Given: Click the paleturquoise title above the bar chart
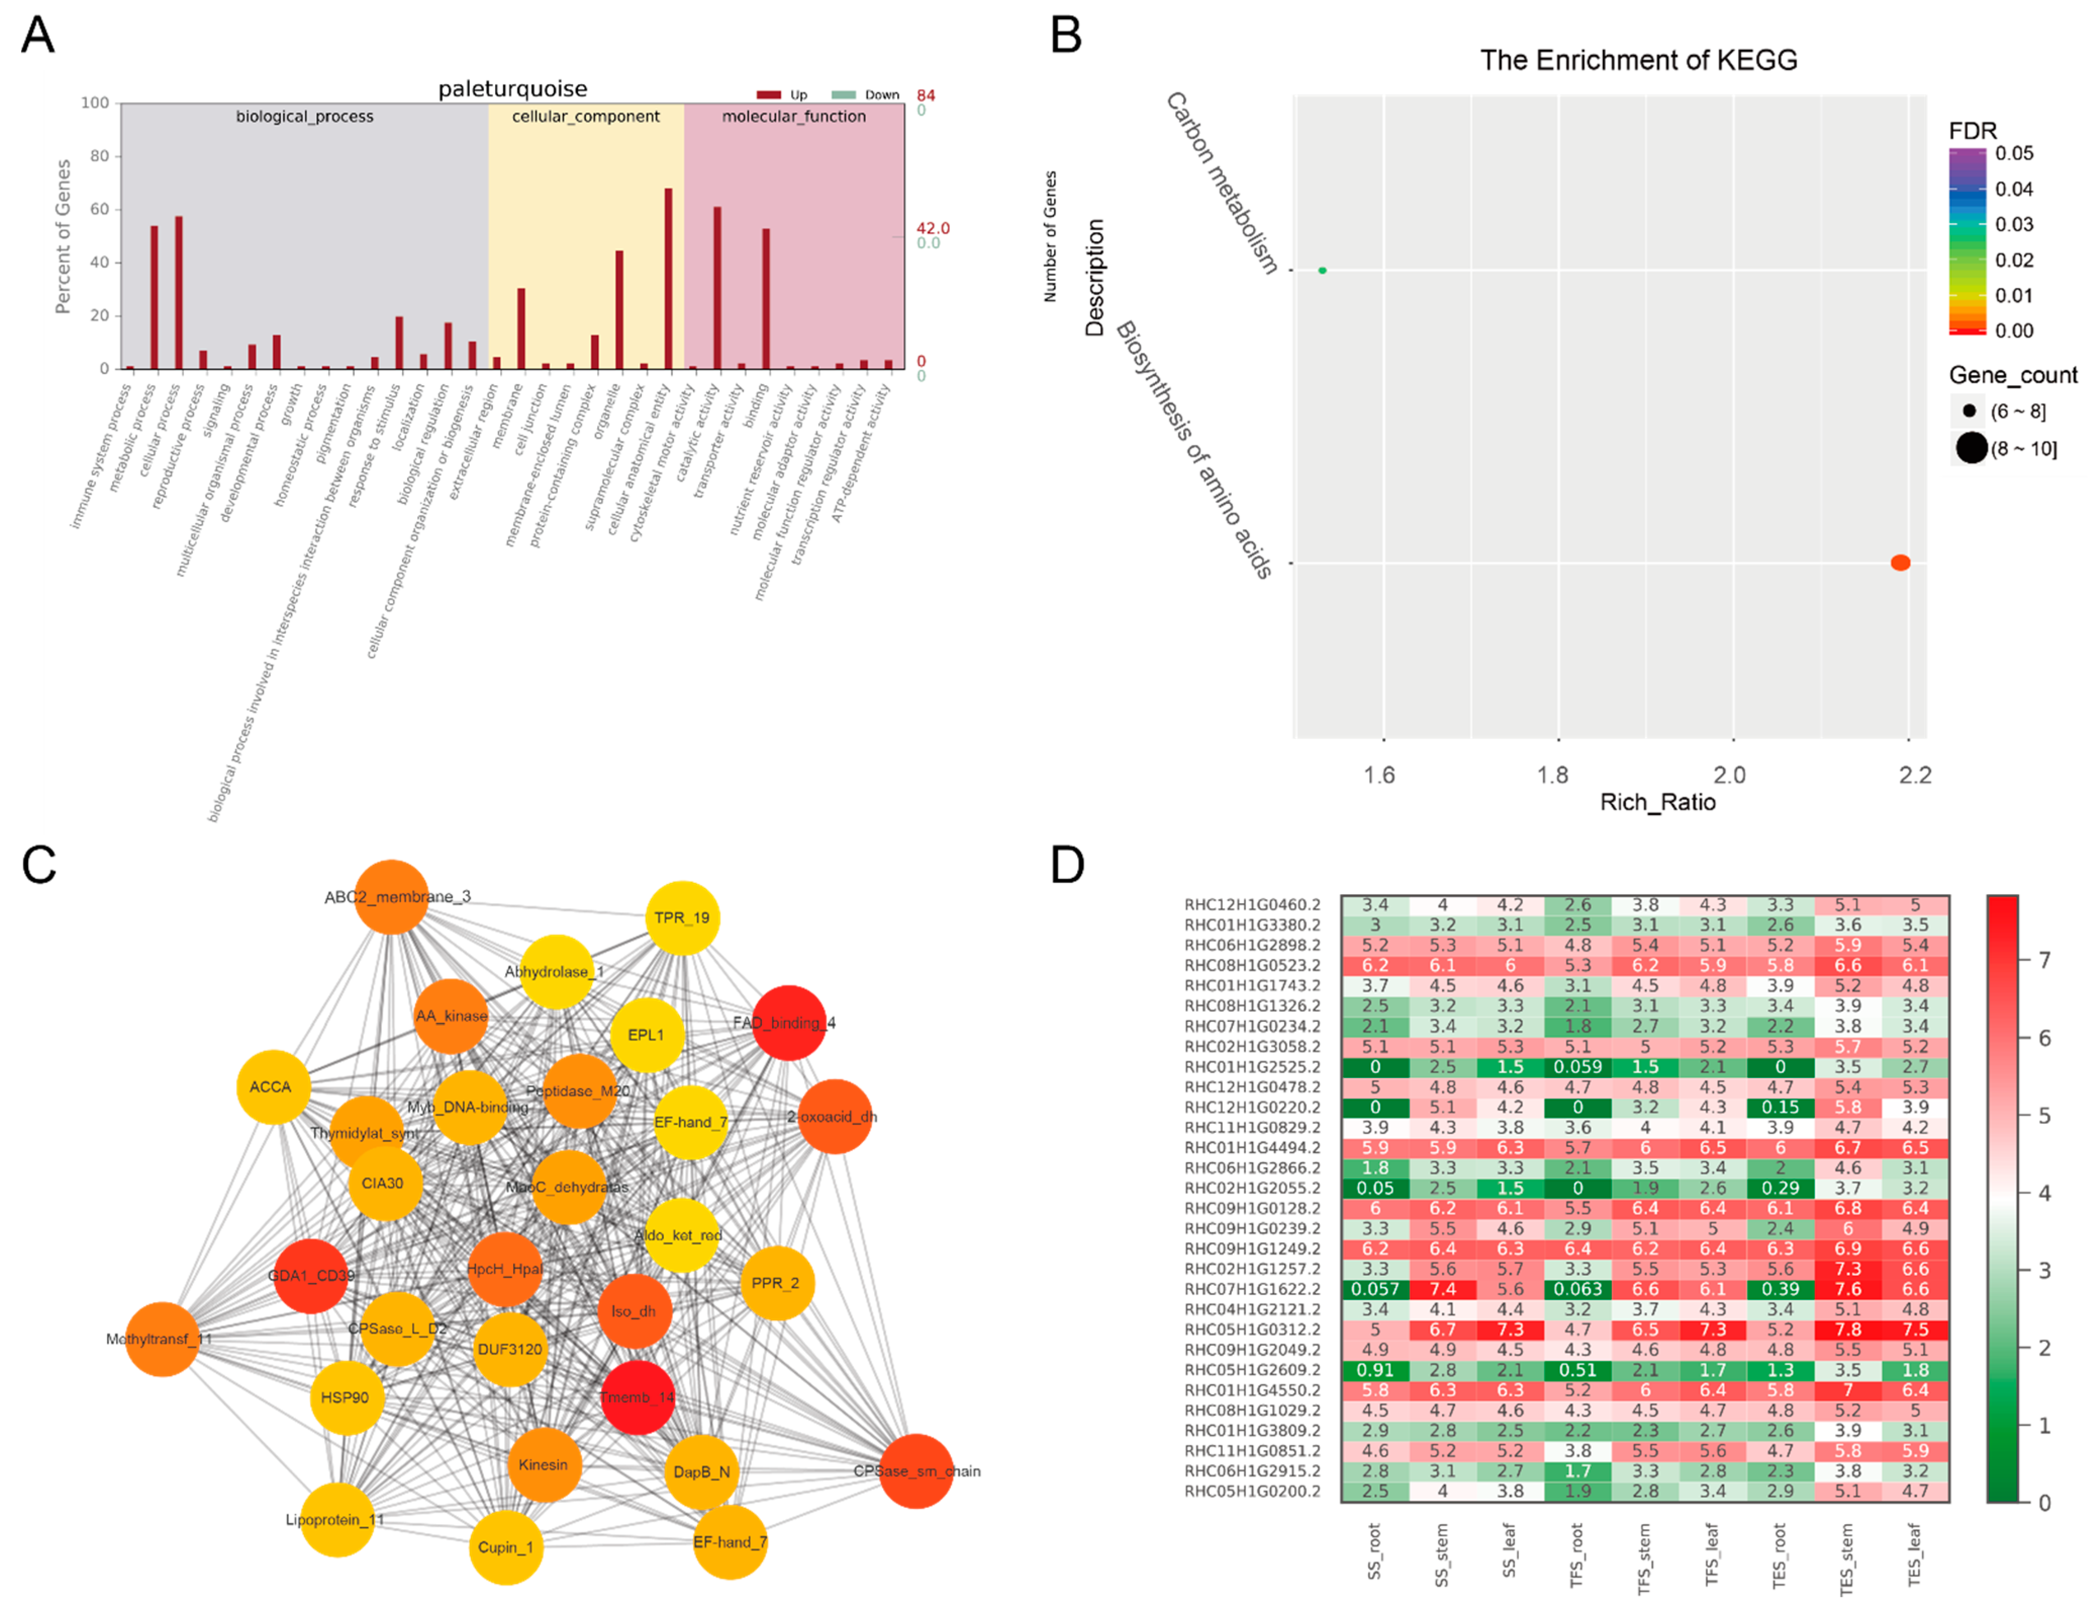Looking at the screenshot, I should [x=513, y=89].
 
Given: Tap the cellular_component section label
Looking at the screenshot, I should [x=586, y=117].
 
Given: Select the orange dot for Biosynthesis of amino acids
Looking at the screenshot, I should [x=1900, y=563].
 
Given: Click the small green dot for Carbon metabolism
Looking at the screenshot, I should [x=1322, y=271].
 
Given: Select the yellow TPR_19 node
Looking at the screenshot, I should [x=682, y=918].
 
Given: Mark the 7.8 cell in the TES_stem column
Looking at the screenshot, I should [x=1847, y=1329].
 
